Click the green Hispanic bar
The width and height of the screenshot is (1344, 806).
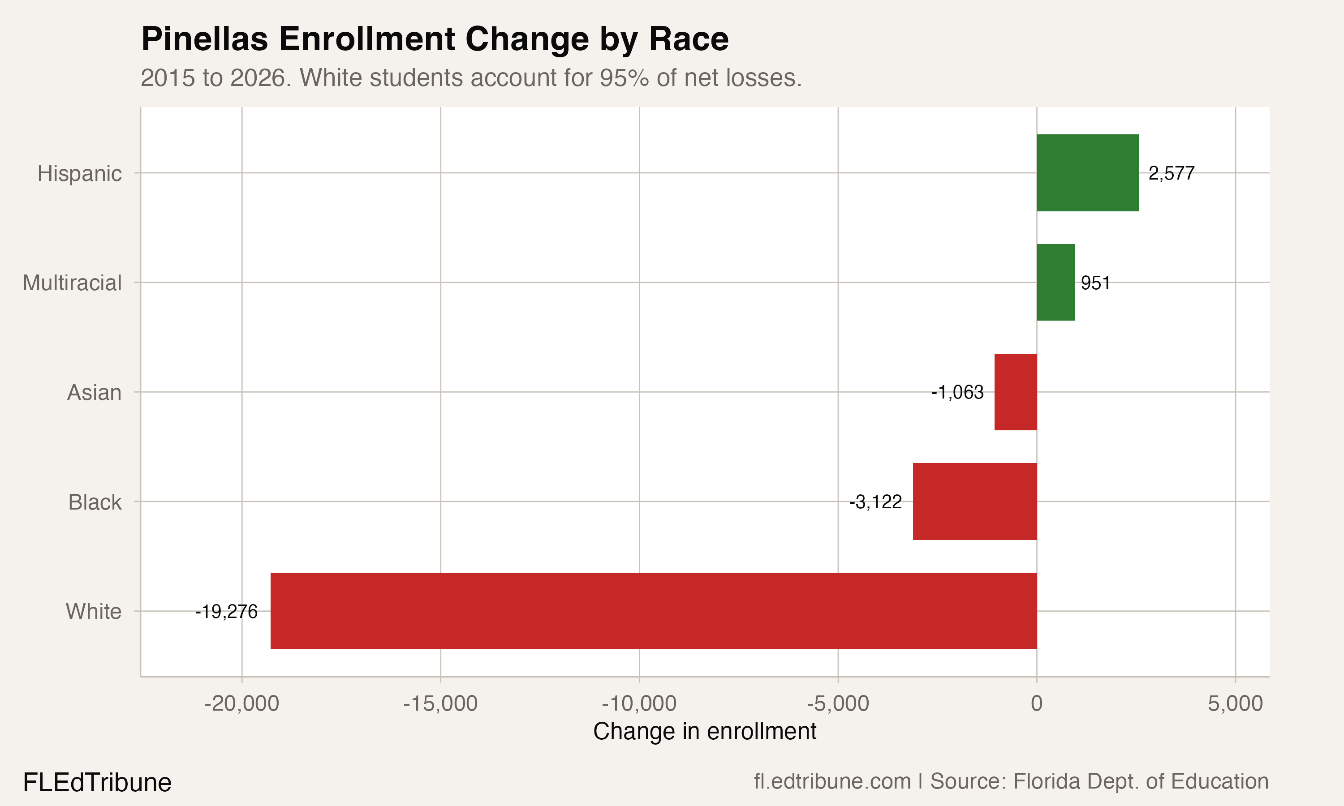pos(1088,173)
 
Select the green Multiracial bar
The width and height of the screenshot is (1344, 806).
pos(1055,283)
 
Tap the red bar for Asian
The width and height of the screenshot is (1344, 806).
pos(1015,392)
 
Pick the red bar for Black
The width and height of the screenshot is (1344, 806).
pos(974,502)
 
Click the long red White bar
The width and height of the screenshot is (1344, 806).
pos(654,611)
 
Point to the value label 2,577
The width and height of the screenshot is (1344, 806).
pos(1171,173)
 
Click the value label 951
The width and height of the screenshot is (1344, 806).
pos(1095,283)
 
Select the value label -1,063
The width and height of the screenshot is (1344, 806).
pos(957,392)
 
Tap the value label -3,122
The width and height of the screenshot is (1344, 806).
pos(876,502)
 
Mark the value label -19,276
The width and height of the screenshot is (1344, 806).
pos(227,612)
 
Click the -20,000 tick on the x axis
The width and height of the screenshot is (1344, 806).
pos(242,704)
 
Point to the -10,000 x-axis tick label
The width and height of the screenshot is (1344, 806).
pos(639,704)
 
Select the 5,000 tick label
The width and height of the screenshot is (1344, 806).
pos(1235,704)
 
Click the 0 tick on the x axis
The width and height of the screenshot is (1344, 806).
pos(1037,704)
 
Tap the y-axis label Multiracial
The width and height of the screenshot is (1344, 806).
pos(72,283)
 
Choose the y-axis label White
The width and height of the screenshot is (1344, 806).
pos(94,612)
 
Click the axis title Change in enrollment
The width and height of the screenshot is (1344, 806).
pos(705,732)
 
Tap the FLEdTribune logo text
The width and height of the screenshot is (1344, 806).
pos(97,783)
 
